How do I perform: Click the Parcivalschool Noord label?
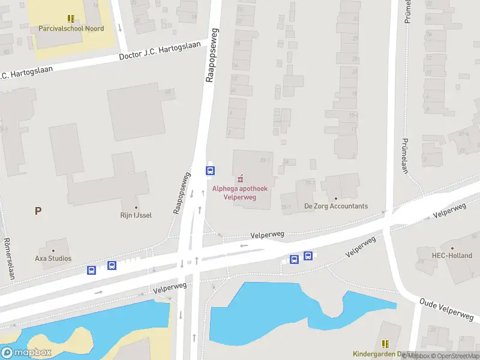pyautogui.click(x=71, y=28)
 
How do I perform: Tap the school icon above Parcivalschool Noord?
pyautogui.click(x=71, y=19)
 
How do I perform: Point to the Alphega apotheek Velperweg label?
pyautogui.click(x=240, y=192)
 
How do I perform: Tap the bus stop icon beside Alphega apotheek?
pyautogui.click(x=211, y=170)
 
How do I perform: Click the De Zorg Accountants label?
pyautogui.click(x=336, y=206)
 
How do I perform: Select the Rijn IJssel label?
pyautogui.click(x=136, y=215)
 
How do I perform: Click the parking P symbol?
pyautogui.click(x=38, y=211)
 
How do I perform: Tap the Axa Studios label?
pyautogui.click(x=53, y=259)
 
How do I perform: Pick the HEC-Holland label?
pyautogui.click(x=452, y=256)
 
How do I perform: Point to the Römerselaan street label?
pyautogui.click(x=9, y=259)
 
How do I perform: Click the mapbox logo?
pyautogui.click(x=26, y=353)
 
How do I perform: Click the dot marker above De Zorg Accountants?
pyautogui.click(x=336, y=198)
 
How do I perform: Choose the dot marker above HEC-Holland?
pyautogui.click(x=452, y=247)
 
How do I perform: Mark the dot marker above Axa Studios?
pyautogui.click(x=53, y=250)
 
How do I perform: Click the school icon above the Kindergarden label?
pyautogui.click(x=385, y=344)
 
